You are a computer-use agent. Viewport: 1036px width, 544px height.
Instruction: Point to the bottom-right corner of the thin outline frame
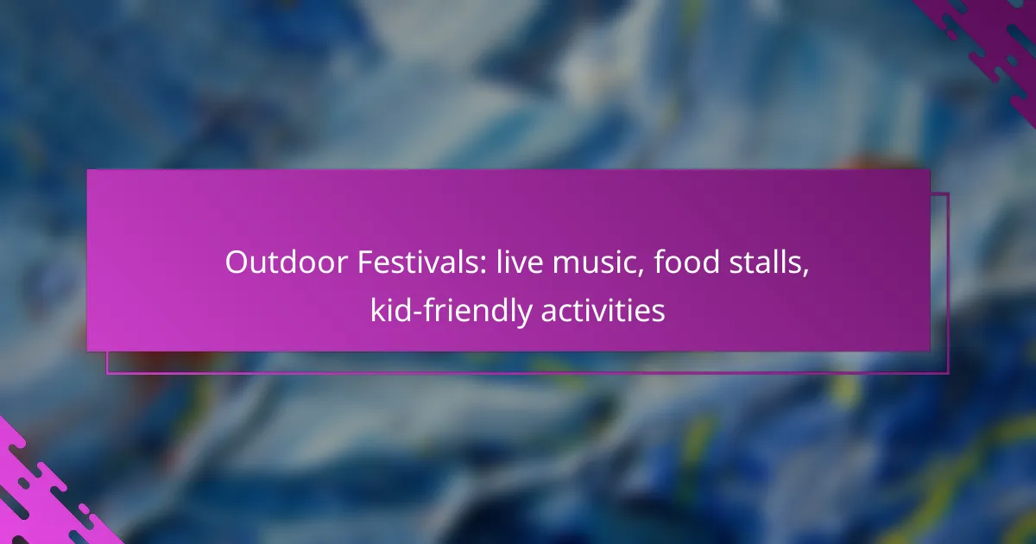click(x=948, y=374)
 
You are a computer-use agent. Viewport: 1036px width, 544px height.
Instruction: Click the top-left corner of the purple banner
click(x=88, y=170)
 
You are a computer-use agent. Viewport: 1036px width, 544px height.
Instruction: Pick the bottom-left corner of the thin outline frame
click(x=107, y=374)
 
